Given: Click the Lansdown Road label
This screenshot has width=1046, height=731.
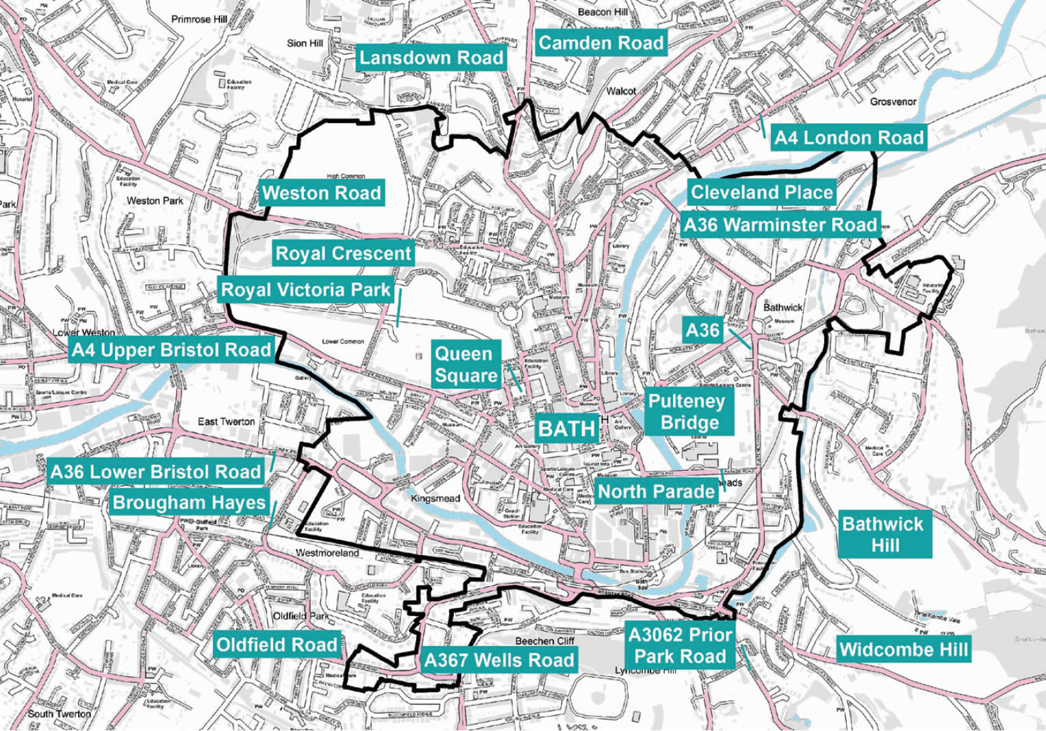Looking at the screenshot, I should coord(431,57).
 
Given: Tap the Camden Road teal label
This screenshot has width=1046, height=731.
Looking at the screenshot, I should coord(600,43).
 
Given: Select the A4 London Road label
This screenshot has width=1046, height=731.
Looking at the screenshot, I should coord(848,138).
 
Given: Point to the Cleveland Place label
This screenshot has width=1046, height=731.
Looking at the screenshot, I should coord(761,192).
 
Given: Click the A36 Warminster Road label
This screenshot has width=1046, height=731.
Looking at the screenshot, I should coord(780,225).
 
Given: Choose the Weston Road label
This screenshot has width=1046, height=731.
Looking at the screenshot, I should coord(321,193).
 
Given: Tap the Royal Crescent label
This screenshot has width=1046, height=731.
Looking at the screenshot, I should coord(343,254).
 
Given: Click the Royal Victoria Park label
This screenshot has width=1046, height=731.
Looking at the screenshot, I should coord(305,290).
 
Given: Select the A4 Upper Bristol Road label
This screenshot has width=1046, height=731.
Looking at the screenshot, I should coord(171,350).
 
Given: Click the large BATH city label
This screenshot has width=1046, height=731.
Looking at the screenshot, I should coord(566,428).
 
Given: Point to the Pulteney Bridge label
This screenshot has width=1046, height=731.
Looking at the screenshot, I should coord(687,412).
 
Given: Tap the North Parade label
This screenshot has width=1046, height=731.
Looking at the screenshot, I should coord(656,491).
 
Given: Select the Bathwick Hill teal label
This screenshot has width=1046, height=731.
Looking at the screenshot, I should coord(884,535).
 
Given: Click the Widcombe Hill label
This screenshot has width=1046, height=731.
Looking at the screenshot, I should coord(903,650).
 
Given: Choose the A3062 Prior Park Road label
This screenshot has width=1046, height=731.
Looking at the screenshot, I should coord(680,645).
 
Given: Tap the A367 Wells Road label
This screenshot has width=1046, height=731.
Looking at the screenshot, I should coord(499,661).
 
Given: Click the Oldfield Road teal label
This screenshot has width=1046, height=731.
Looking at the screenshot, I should coord(277,645).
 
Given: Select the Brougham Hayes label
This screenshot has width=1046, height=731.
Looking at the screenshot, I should coord(189,502).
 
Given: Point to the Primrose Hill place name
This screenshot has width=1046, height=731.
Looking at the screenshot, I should coord(199,19).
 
